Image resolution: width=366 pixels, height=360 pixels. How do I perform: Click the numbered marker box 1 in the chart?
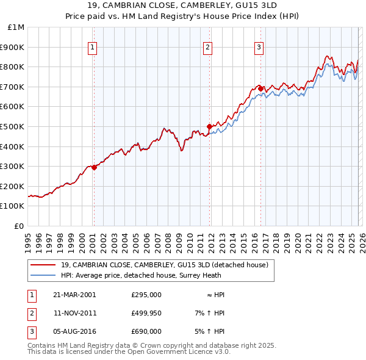click(92, 47)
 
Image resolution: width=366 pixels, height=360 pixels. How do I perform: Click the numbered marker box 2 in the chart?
click(207, 47)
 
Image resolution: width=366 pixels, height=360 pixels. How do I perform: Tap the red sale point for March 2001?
click(94, 167)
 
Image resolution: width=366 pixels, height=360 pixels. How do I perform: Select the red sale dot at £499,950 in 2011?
click(209, 126)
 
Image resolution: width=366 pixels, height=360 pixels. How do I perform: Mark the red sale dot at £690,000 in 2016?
click(260, 88)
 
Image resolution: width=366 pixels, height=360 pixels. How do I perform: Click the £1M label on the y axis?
click(16, 27)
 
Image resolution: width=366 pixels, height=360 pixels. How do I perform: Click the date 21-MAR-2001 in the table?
click(74, 295)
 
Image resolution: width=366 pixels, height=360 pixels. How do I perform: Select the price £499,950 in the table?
click(146, 313)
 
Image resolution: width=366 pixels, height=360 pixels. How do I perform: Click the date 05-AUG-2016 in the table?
click(74, 331)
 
